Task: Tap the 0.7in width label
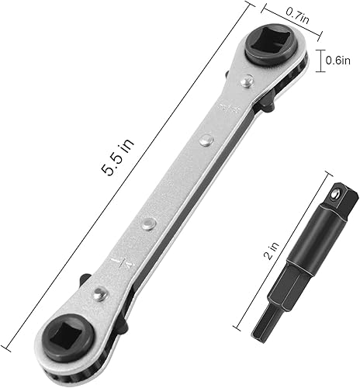point(296,13)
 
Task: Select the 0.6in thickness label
point(337,59)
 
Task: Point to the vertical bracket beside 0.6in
point(320,60)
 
